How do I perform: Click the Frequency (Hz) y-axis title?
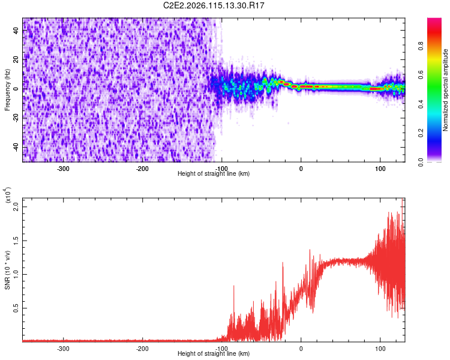tap(7, 89)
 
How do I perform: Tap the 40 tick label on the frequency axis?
tap(17, 31)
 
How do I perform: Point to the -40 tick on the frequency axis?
tap(16, 147)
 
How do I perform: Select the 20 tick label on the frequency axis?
tap(17, 60)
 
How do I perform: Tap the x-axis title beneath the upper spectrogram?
tap(214, 174)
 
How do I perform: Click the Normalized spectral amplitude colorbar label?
tap(446, 90)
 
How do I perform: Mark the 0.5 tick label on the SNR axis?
tap(17, 308)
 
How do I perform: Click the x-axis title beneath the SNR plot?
tap(214, 354)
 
